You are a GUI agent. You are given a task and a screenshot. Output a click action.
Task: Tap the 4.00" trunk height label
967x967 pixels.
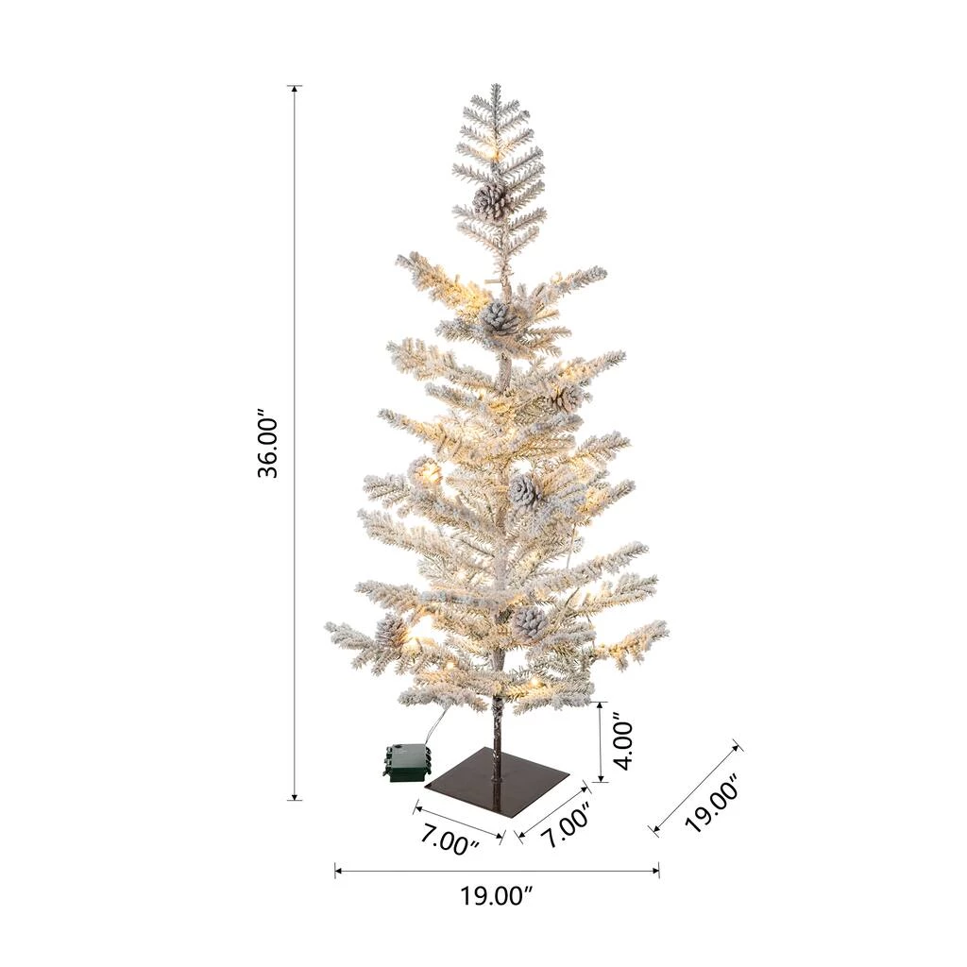click(x=624, y=742)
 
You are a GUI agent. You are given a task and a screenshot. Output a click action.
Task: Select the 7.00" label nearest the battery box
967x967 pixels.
click(x=450, y=840)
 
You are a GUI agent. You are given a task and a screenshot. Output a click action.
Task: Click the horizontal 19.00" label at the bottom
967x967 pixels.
click(x=496, y=895)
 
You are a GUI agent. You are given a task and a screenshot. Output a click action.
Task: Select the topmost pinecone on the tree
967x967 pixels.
click(x=493, y=200)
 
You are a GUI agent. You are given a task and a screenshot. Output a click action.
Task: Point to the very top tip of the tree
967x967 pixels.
click(x=495, y=84)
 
